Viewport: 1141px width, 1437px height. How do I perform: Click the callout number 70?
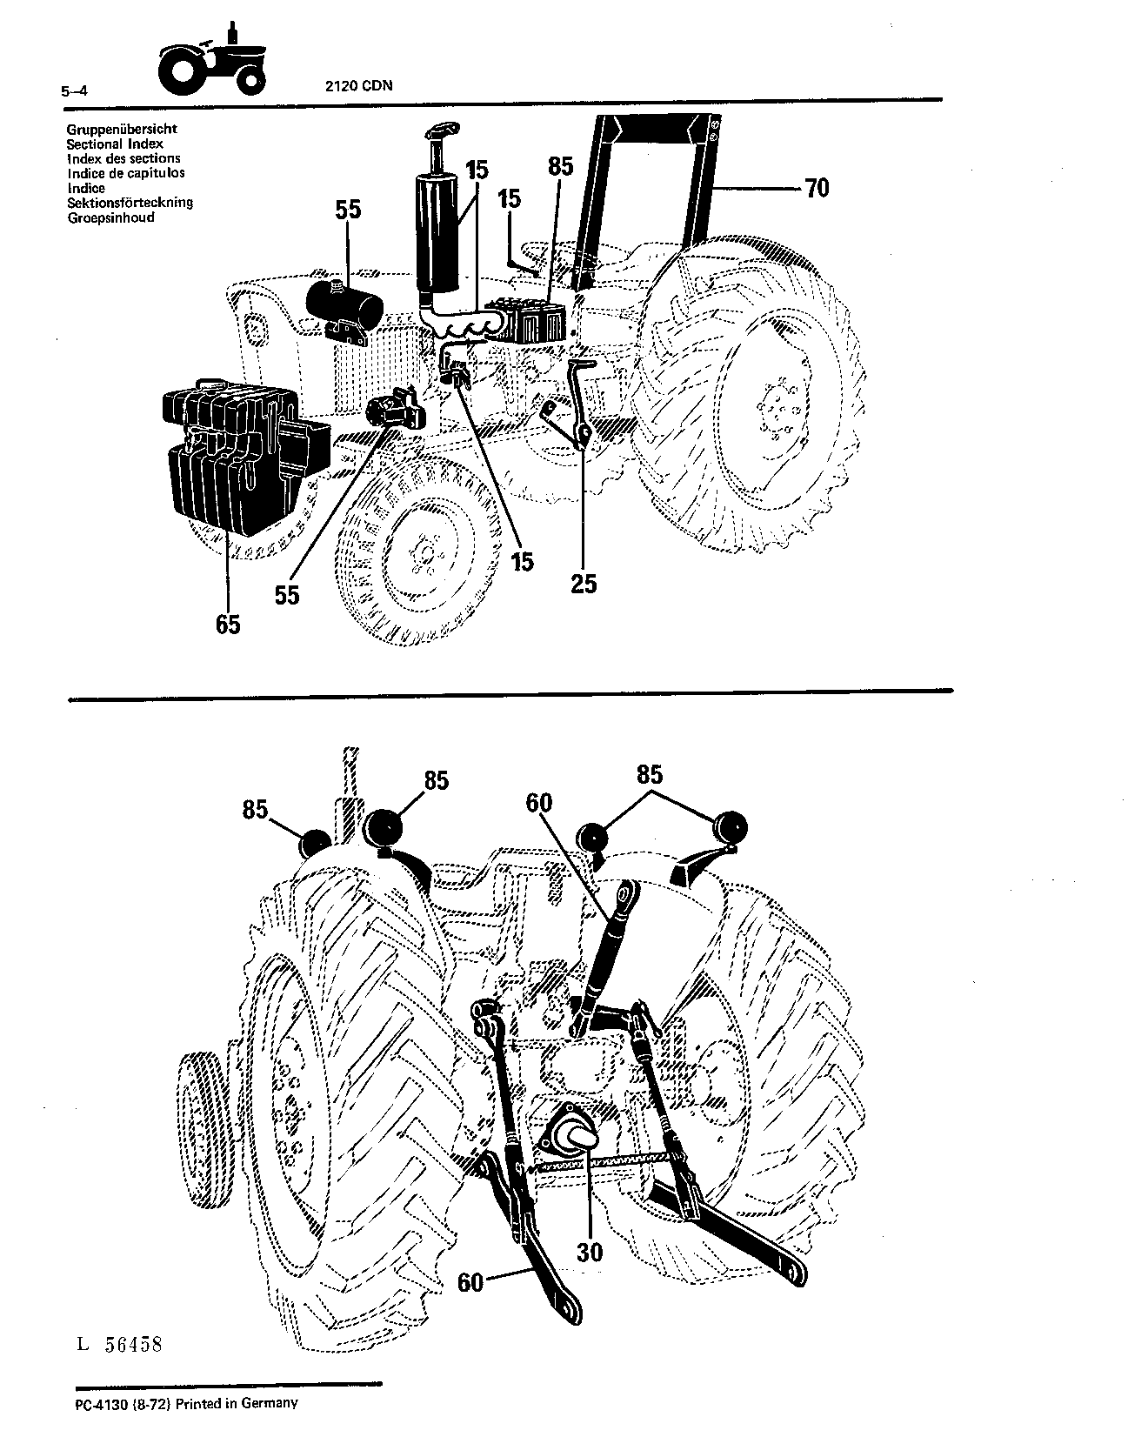[817, 188]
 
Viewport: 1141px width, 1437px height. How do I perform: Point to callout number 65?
[228, 625]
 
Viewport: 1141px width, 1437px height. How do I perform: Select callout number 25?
[584, 583]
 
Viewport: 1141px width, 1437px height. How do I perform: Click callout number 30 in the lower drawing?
[589, 1252]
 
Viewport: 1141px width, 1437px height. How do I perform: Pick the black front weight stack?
[244, 457]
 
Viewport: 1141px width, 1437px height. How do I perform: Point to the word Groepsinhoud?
[110, 217]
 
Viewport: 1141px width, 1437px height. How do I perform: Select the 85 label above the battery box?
[561, 166]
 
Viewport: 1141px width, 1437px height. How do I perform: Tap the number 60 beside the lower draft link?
[470, 1282]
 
